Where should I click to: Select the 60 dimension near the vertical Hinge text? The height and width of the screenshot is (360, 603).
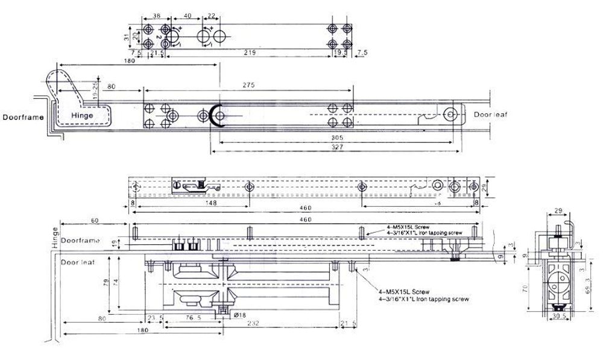tap(95, 221)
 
